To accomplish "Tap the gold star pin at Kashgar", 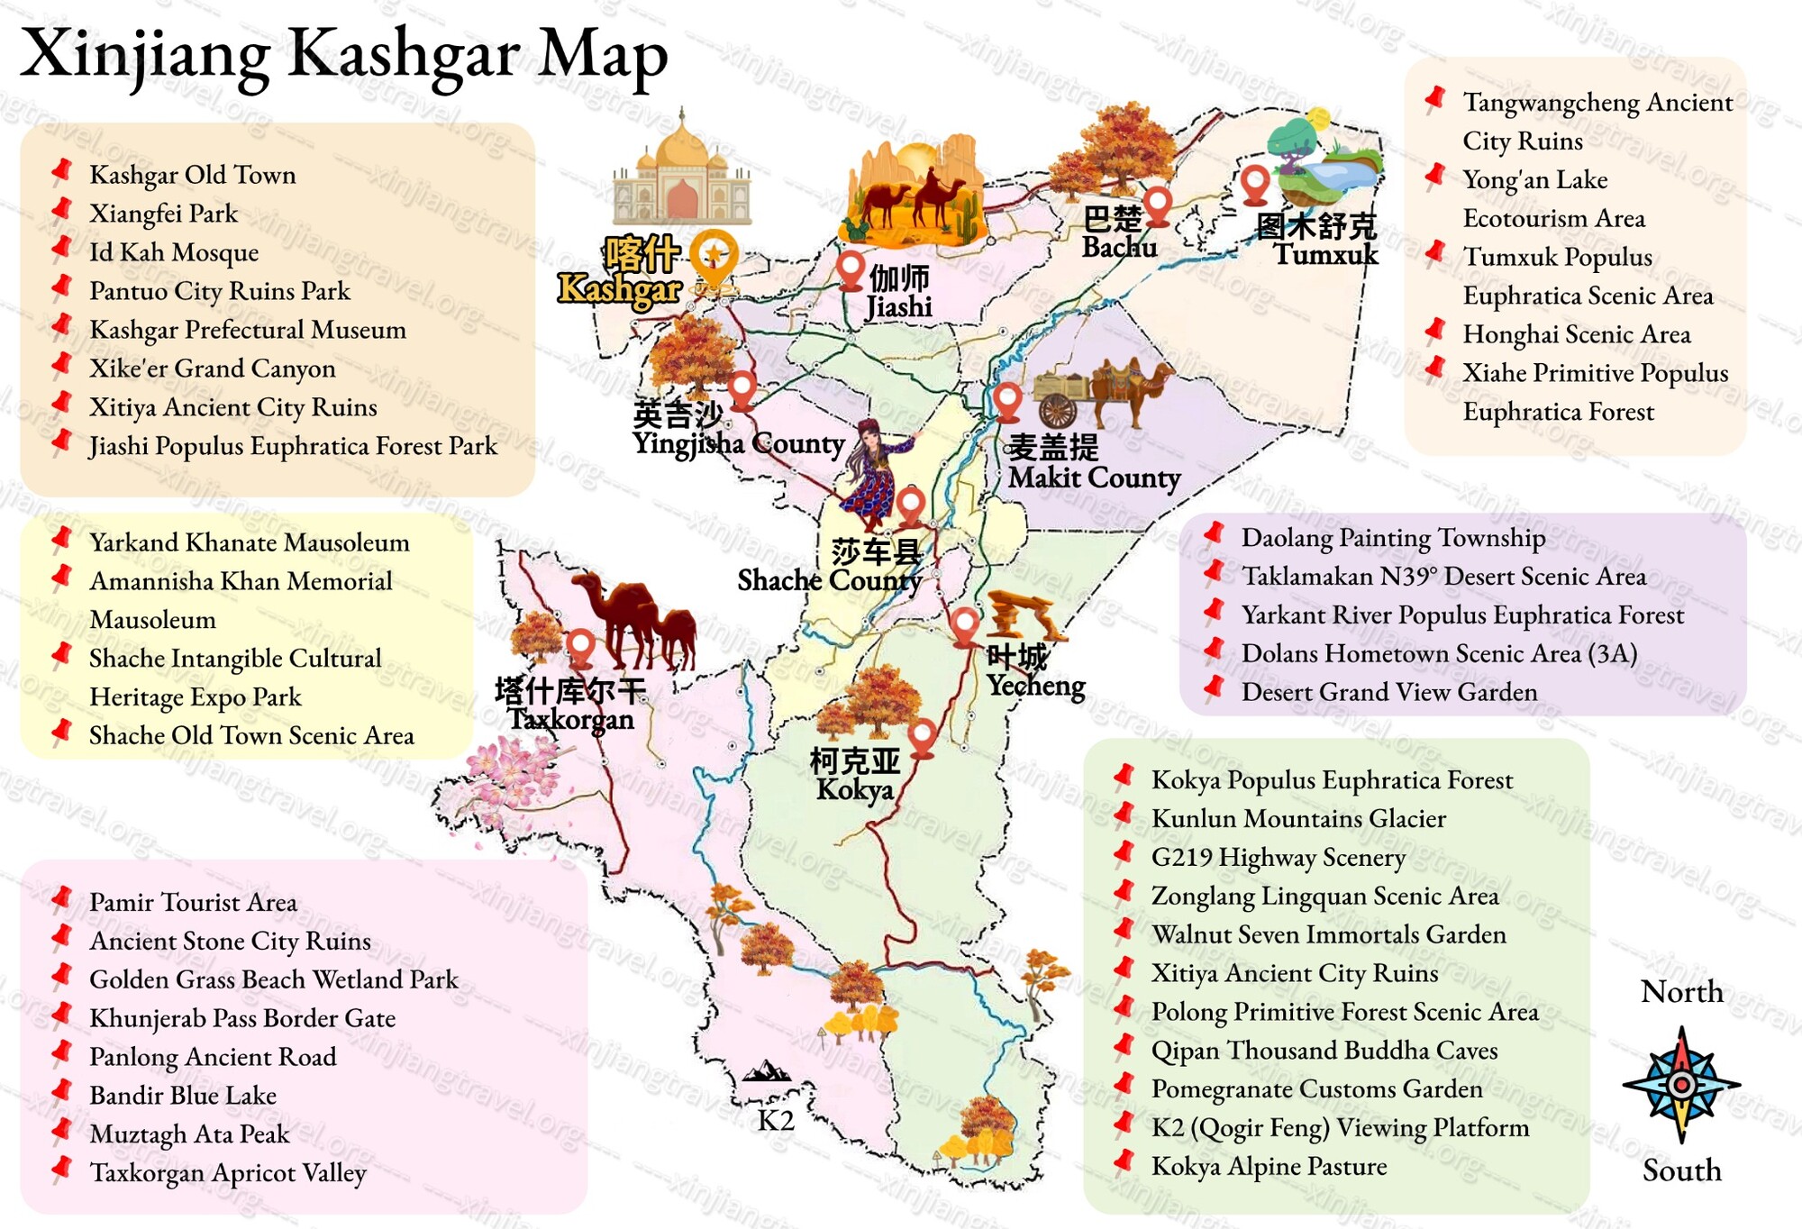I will (714, 256).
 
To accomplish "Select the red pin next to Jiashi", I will (850, 269).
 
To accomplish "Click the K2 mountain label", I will (775, 1120).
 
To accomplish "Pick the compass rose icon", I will (1681, 1084).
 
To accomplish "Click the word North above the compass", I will (1681, 991).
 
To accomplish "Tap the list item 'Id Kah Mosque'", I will (173, 252).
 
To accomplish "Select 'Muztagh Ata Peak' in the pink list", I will (189, 1133).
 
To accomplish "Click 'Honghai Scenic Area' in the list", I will (1576, 334).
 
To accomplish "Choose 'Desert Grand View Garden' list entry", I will (1388, 692).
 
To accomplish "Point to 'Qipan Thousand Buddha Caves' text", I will (1324, 1051).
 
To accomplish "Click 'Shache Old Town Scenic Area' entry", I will (251, 735).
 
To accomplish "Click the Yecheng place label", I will (1035, 672).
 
